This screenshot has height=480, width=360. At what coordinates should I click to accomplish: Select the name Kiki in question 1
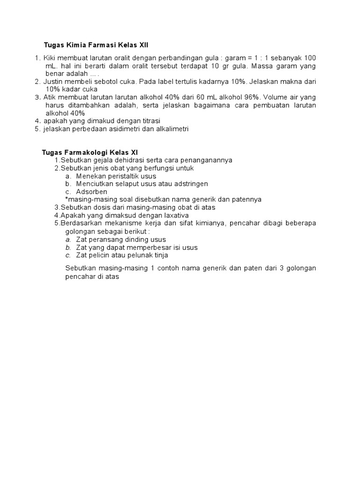51,58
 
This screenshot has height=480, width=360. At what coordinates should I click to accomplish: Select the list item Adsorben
92,192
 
